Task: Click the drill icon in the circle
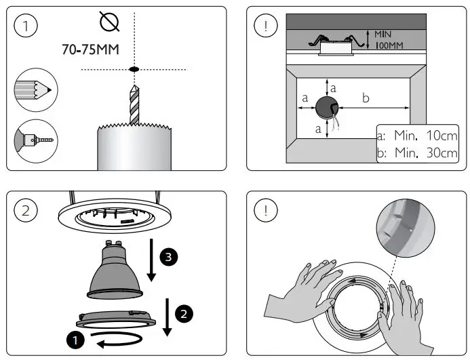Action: (35, 140)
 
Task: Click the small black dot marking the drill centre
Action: (134, 69)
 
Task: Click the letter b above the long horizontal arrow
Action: (366, 98)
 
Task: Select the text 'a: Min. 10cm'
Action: (416, 136)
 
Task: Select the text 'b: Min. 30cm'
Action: (416, 153)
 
